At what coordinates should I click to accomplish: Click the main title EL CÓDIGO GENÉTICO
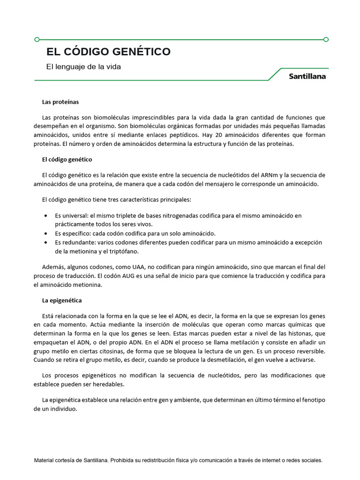[108, 52]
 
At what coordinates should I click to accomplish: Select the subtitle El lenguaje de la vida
[83, 67]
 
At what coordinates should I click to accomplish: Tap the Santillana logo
[307, 76]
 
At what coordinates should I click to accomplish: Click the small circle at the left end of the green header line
[37, 39]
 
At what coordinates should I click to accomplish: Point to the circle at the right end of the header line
[326, 39]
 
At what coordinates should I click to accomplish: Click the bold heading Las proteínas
[60, 102]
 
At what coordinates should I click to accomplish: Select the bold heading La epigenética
[62, 300]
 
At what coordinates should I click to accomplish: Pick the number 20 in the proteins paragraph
[218, 135]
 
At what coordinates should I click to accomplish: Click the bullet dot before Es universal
[45, 216]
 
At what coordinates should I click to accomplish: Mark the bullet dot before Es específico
[45, 233]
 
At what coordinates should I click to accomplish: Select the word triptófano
[125, 251]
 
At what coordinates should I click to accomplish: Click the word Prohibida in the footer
[127, 461]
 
